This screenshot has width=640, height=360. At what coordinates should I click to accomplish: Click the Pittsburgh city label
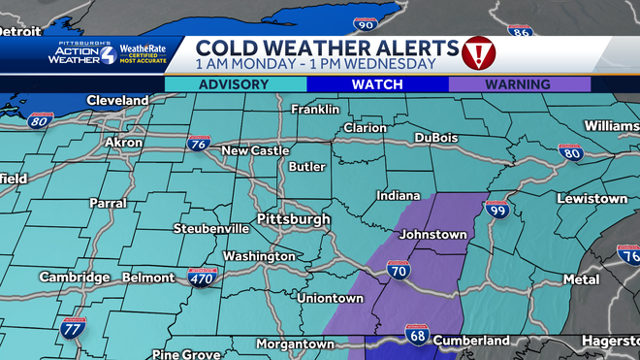[x=294, y=219]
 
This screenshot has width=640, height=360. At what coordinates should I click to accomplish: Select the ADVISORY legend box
[x=234, y=84]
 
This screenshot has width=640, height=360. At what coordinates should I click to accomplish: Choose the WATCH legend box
[x=377, y=84]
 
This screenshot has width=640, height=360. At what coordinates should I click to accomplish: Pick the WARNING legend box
[x=519, y=84]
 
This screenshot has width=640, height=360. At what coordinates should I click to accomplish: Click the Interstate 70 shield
[x=398, y=271]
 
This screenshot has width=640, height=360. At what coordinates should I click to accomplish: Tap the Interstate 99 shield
[x=498, y=209]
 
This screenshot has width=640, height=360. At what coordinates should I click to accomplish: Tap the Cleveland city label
[x=117, y=100]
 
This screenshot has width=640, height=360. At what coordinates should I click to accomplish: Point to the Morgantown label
[x=295, y=344]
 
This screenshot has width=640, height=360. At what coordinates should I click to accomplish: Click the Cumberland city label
[x=470, y=341]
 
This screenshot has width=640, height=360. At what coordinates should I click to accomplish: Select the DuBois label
[x=435, y=138]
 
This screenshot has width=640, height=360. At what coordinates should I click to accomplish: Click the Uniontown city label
[x=331, y=298]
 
